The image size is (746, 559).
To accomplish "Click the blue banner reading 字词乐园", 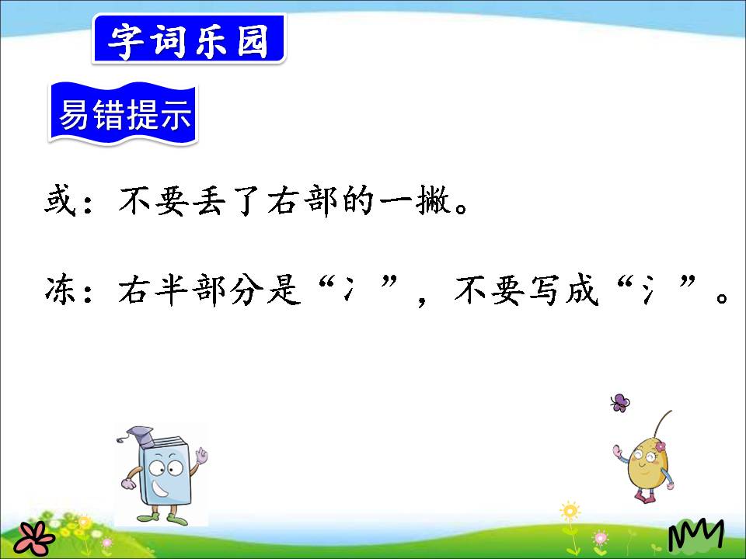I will coord(189,40).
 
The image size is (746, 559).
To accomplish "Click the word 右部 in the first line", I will coord(302,204).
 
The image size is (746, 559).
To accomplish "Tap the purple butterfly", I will coord(619,402).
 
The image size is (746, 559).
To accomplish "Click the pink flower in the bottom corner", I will coord(34,536).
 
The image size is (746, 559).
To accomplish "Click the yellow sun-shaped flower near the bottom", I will coord(570,512).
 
